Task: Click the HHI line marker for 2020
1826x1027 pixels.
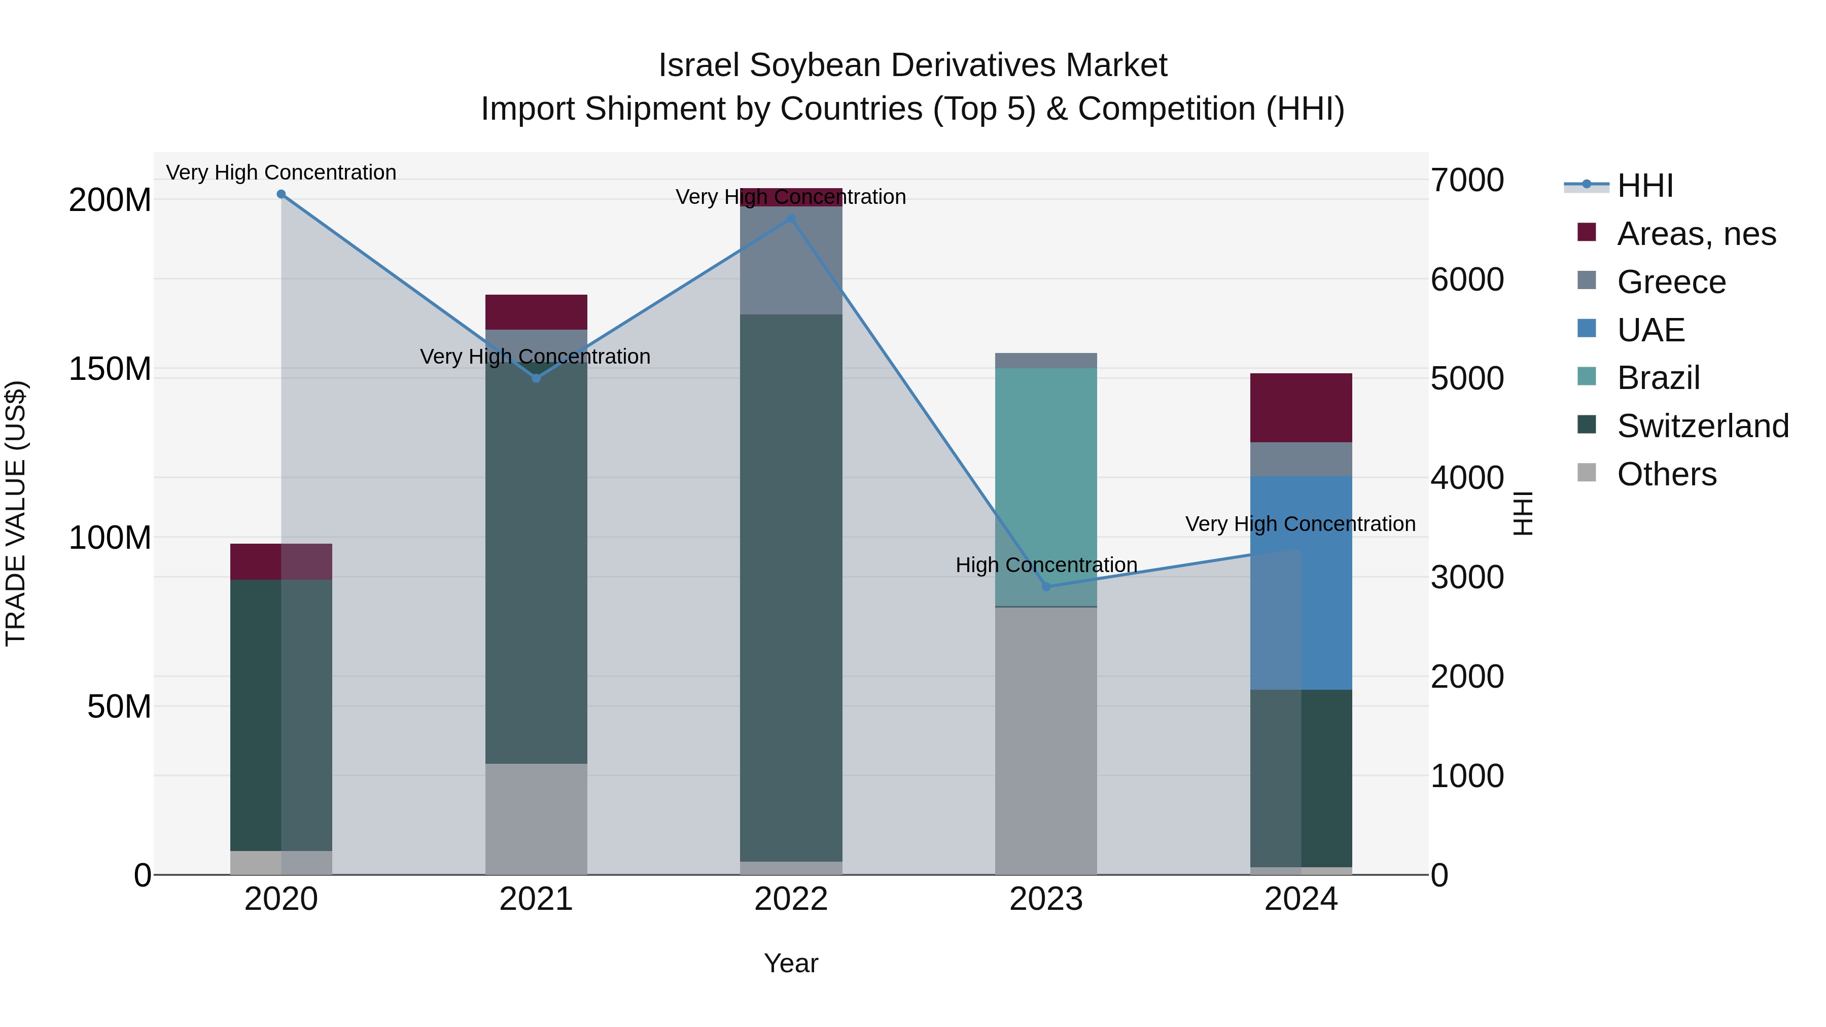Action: coord(282,194)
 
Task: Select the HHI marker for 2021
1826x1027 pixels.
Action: coord(537,378)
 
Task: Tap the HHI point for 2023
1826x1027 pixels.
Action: coord(1046,587)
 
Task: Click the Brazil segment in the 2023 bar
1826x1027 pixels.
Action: coord(1046,487)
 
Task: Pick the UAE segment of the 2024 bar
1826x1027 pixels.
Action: coord(1302,583)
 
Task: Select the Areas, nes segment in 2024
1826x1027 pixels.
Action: coord(1302,408)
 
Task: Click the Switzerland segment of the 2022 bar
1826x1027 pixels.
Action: coord(791,588)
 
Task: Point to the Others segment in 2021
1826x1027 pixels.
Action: coord(537,819)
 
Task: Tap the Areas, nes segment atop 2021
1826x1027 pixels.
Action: coord(537,312)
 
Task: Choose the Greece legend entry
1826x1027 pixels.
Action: coord(1671,282)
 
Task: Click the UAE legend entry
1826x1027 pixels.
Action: coord(1650,330)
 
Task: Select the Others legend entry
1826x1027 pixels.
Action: coord(1666,474)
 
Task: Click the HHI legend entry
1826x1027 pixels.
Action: coord(1644,186)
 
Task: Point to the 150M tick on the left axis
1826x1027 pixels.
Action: coord(110,369)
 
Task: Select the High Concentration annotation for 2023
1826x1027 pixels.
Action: coord(1046,565)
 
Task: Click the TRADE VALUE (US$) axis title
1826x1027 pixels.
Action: coord(16,513)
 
